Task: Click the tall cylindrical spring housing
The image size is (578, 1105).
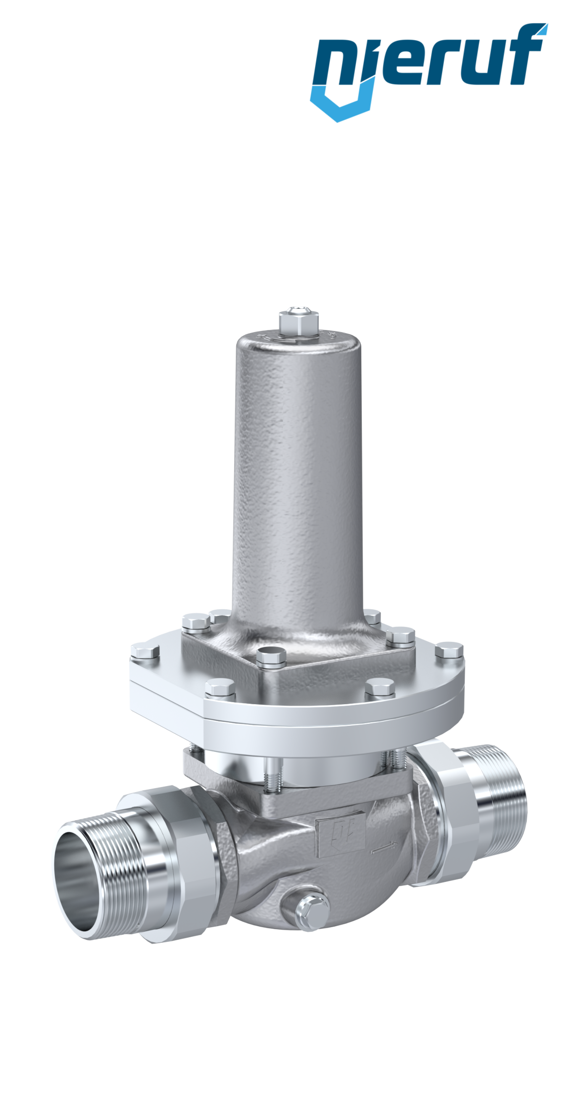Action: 298,477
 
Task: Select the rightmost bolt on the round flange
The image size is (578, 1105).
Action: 449,651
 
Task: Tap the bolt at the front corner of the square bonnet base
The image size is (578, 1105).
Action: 271,658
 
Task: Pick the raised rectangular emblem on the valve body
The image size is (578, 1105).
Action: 340,836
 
